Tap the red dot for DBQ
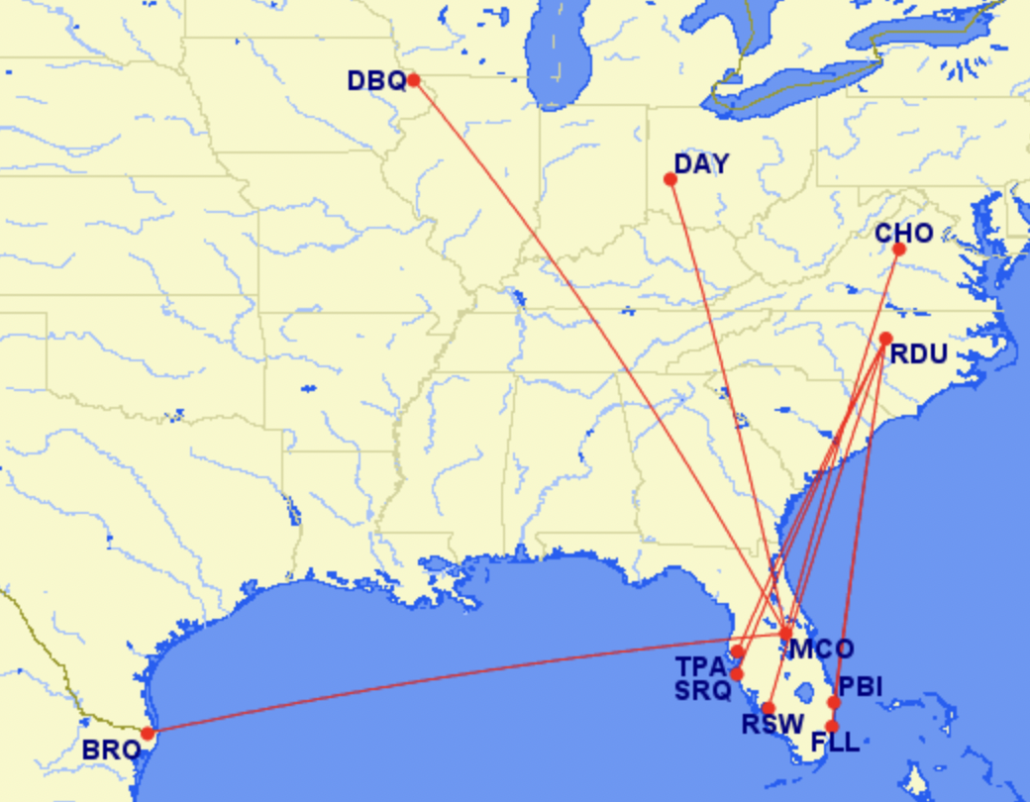tap(413, 79)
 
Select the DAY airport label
tap(701, 163)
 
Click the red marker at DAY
tap(670, 179)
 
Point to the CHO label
tap(904, 234)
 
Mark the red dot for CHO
tap(899, 250)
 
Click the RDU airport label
tap(918, 354)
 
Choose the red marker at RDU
tap(885, 339)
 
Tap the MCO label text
tap(821, 651)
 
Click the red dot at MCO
tap(786, 634)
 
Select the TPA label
tap(702, 666)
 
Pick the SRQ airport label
tap(702, 690)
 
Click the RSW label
tap(772, 725)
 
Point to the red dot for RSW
tap(768, 708)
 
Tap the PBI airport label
tap(860, 686)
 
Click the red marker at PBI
tap(834, 702)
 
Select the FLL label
tap(835, 743)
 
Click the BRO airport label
tap(111, 751)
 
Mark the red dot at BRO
tap(148, 734)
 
